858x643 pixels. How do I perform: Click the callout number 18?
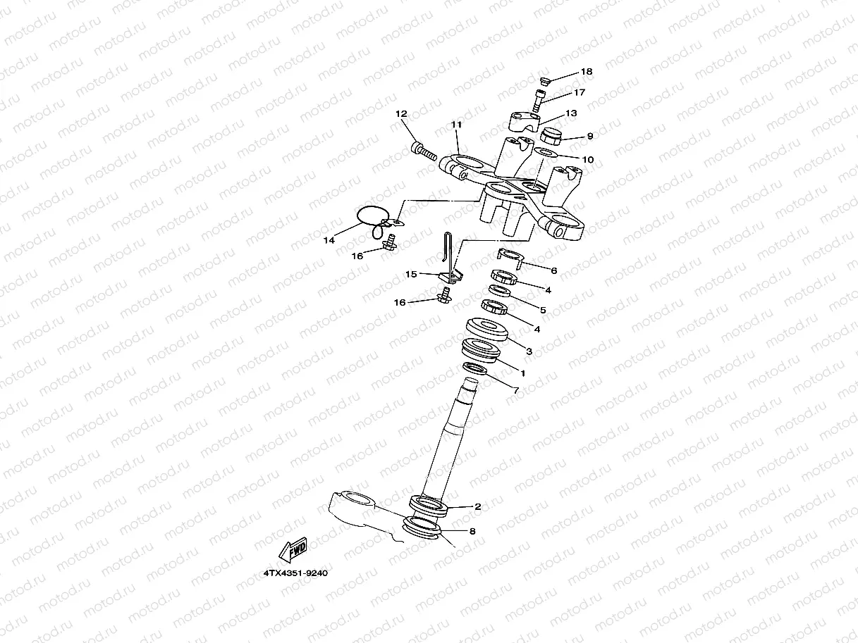point(587,71)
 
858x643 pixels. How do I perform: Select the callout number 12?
point(401,113)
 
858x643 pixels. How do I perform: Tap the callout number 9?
point(590,136)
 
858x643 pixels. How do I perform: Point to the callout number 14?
point(329,240)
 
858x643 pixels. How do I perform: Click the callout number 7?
point(516,390)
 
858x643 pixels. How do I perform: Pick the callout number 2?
point(478,507)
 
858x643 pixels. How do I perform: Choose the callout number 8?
point(472,531)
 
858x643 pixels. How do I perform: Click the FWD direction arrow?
point(293,550)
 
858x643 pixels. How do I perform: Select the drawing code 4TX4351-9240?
point(295,573)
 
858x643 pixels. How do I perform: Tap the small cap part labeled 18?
point(544,81)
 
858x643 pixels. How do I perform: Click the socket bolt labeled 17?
point(537,100)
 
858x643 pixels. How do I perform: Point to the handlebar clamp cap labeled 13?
point(525,121)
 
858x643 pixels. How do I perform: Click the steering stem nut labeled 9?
point(551,135)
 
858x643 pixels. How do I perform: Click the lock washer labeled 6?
point(510,257)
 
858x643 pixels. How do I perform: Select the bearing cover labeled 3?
point(486,329)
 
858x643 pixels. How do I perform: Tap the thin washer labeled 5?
point(501,291)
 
